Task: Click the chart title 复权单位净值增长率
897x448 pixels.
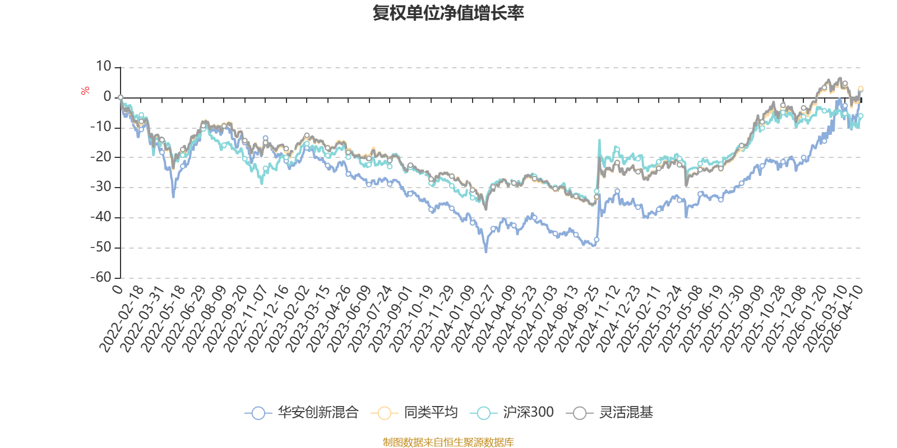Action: (x=449, y=13)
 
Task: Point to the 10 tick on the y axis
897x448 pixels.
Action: (x=104, y=67)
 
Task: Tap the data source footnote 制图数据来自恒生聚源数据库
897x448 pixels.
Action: (x=449, y=442)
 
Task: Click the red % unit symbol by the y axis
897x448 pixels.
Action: (x=85, y=91)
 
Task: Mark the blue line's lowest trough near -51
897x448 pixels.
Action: (x=486, y=251)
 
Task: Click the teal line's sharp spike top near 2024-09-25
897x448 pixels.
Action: (x=599, y=140)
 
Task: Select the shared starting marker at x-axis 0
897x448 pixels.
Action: (x=121, y=97)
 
